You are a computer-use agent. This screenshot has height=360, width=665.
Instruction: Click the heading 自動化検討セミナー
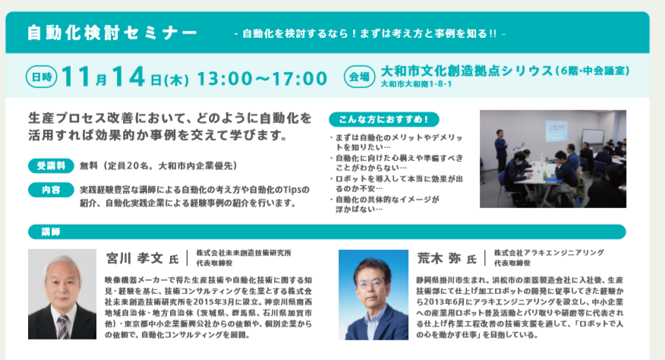pos(112,33)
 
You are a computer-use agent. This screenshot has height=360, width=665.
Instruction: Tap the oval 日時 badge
pos(42,77)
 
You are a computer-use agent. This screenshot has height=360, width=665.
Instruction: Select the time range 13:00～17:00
pos(262,78)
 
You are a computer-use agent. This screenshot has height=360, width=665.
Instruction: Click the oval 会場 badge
pos(359,77)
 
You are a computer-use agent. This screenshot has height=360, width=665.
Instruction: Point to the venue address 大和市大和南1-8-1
pos(416,84)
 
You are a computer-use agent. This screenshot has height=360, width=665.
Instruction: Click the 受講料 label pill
pos(51,166)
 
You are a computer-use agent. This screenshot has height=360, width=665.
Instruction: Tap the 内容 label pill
pos(51,190)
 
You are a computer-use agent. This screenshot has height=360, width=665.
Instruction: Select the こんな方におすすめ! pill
pos(384,119)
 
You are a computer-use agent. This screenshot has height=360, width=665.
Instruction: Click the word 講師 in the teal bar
pos(50,232)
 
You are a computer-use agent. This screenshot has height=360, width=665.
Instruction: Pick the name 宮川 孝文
pos(134,258)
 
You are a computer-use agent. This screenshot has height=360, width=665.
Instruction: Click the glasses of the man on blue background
pos(370,283)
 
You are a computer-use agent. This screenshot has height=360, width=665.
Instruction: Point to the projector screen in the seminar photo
pos(556,131)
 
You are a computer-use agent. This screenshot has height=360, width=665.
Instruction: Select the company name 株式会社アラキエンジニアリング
pos(549,253)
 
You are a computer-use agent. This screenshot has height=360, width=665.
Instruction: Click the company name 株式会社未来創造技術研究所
pos(244,253)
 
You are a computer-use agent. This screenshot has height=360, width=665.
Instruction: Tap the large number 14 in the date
pos(128,77)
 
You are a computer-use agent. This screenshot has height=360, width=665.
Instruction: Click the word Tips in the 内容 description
pos(290,190)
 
